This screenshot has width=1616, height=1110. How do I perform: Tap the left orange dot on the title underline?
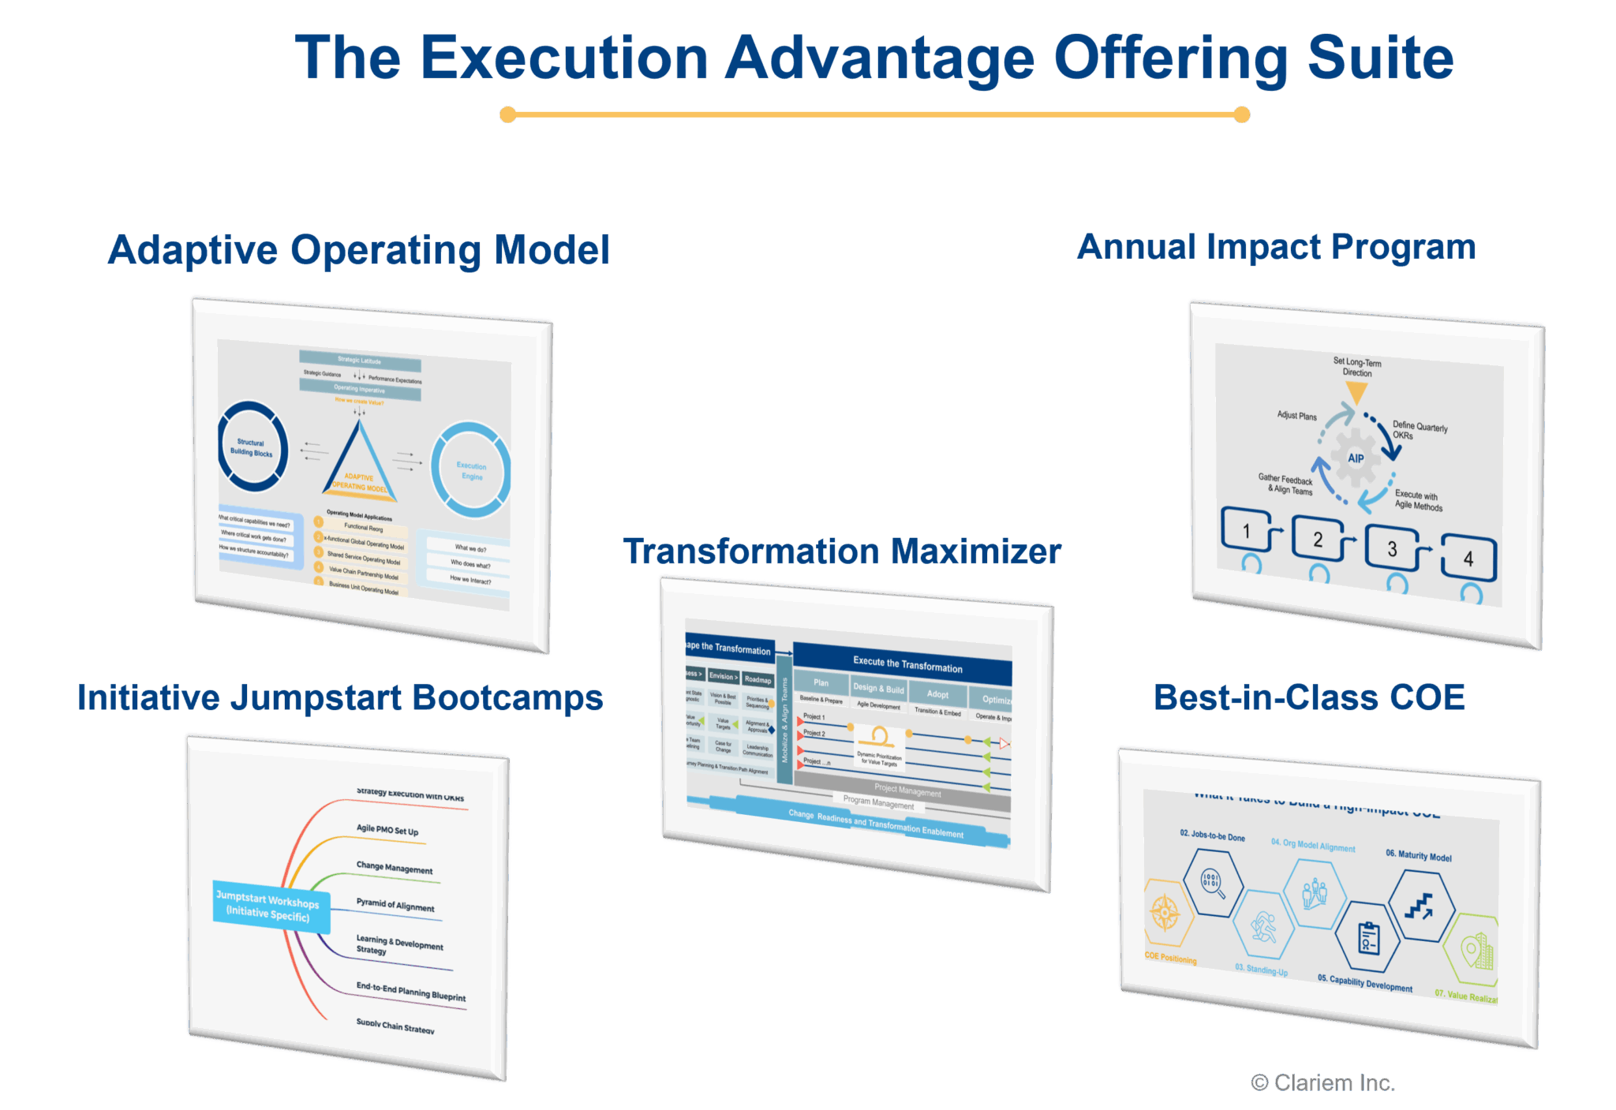pyautogui.click(x=508, y=115)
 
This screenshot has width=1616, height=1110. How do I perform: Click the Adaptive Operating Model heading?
pyautogui.click(x=359, y=250)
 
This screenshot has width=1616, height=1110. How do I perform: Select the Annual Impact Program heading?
pyautogui.click(x=1276, y=248)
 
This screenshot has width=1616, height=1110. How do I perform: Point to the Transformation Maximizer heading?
pyautogui.click(x=841, y=551)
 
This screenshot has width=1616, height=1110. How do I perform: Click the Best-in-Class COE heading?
pyautogui.click(x=1309, y=697)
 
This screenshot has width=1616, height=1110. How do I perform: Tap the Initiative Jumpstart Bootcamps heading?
pyautogui.click(x=340, y=698)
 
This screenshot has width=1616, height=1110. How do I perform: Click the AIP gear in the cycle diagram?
pyautogui.click(x=1355, y=458)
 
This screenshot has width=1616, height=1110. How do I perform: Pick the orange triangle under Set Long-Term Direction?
pyautogui.click(x=1356, y=391)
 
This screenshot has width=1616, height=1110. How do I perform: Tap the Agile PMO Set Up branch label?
pyautogui.click(x=387, y=830)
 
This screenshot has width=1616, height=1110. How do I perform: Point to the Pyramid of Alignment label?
pyautogui.click(x=395, y=905)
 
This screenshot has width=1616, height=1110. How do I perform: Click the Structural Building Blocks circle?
pyautogui.click(x=252, y=447)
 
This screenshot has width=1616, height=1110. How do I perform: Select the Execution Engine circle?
pyautogui.click(x=471, y=471)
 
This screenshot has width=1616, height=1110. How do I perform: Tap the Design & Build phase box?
pyautogui.click(x=877, y=689)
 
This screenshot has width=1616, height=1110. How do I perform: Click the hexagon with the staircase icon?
pyautogui.click(x=1421, y=906)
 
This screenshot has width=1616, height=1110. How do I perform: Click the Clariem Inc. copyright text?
pyautogui.click(x=1323, y=1083)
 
